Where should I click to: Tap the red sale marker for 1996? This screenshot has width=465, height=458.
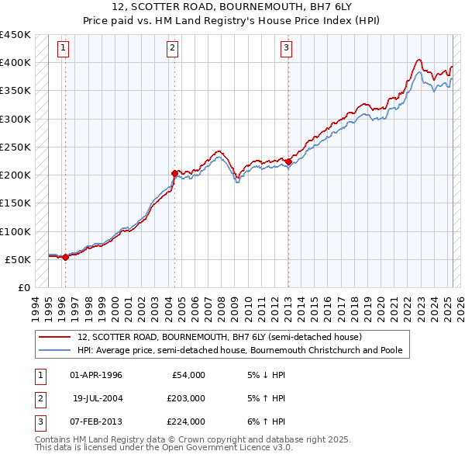click(65, 258)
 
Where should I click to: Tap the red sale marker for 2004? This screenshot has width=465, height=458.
click(174, 173)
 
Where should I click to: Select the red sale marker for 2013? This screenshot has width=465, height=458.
click(288, 161)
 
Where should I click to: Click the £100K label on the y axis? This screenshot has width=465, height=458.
click(15, 231)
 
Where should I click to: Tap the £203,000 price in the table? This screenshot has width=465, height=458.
click(186, 398)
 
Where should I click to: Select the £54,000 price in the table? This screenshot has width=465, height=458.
click(188, 375)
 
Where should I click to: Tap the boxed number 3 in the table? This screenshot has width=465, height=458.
click(39, 422)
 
